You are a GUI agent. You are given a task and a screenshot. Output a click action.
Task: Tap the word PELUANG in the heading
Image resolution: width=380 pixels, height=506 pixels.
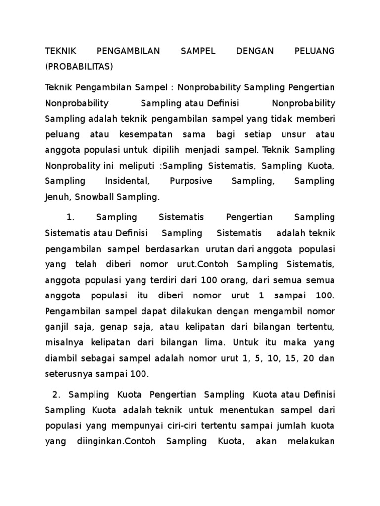click(315, 51)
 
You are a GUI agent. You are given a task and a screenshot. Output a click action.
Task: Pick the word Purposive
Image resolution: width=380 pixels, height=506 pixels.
click(190, 181)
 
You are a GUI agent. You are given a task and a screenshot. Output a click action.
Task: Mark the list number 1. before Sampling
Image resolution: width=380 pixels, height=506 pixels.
click(70, 217)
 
